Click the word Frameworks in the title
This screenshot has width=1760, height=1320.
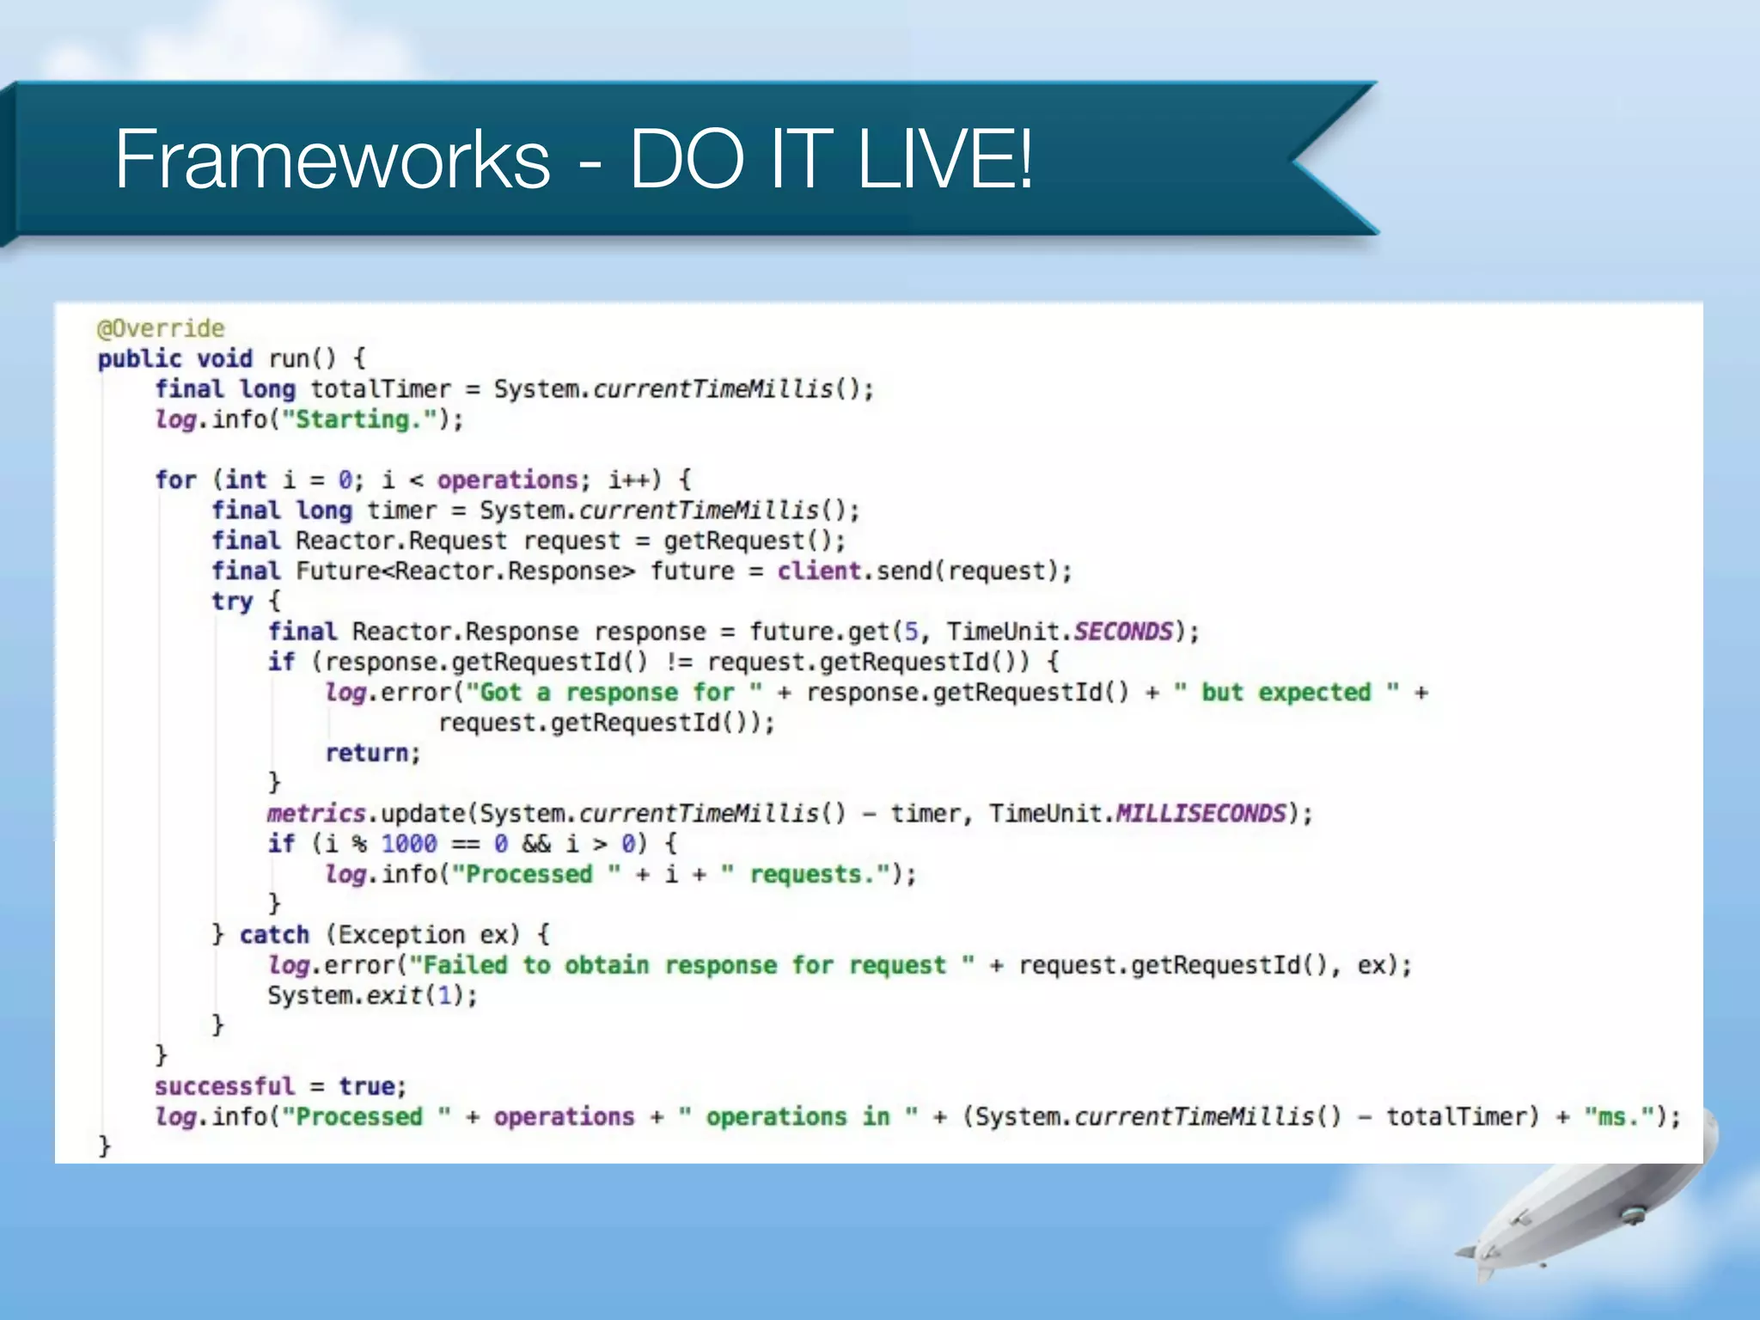pos(333,159)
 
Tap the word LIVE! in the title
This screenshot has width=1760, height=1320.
pos(945,159)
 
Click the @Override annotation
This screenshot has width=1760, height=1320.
pos(161,328)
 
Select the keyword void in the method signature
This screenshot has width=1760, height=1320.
pos(224,358)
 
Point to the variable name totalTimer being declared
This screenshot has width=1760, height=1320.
pos(381,389)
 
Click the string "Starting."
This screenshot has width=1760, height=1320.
pos(362,420)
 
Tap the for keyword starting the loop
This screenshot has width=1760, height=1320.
pos(176,480)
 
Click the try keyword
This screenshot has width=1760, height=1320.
pos(232,602)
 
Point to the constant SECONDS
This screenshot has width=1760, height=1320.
pos(1123,632)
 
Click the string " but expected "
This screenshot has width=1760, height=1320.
pos(1286,693)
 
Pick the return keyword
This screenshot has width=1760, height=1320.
pos(367,753)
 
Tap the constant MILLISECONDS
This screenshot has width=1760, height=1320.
pos(1201,813)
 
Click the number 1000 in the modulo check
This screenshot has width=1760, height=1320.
pos(409,844)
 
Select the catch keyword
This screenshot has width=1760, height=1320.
pos(274,934)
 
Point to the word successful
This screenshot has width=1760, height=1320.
pos(224,1086)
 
